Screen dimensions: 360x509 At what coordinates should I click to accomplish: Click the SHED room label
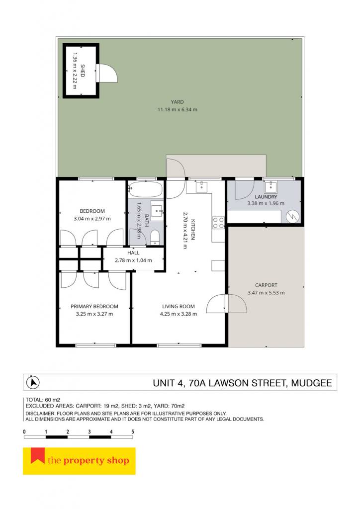(x=83, y=71)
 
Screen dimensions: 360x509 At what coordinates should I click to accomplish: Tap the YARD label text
(x=177, y=102)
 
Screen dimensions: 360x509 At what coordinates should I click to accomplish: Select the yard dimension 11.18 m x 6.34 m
(x=177, y=109)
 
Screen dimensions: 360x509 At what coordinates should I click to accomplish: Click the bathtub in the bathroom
(x=145, y=189)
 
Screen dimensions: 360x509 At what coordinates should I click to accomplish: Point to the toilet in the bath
(x=155, y=237)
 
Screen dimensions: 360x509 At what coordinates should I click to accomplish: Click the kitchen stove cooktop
(x=218, y=222)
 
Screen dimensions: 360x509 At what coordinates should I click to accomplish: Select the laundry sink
(x=270, y=187)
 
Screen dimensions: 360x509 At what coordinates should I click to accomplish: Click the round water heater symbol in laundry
(x=292, y=216)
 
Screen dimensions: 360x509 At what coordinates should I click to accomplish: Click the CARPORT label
(x=266, y=285)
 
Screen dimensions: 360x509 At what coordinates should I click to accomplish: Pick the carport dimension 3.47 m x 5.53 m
(x=266, y=292)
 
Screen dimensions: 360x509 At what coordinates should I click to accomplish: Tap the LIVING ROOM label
(x=179, y=306)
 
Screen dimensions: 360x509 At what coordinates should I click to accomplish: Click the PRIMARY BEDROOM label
(x=94, y=306)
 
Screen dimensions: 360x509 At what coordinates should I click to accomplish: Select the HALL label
(x=133, y=253)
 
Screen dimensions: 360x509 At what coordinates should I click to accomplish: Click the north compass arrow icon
(x=33, y=382)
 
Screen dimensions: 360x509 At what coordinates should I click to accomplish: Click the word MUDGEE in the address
(x=312, y=383)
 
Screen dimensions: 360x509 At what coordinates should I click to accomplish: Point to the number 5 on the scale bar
(x=132, y=432)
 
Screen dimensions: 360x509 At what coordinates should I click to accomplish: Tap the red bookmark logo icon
(x=38, y=455)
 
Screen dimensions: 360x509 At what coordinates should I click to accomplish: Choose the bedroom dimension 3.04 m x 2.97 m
(x=92, y=219)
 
